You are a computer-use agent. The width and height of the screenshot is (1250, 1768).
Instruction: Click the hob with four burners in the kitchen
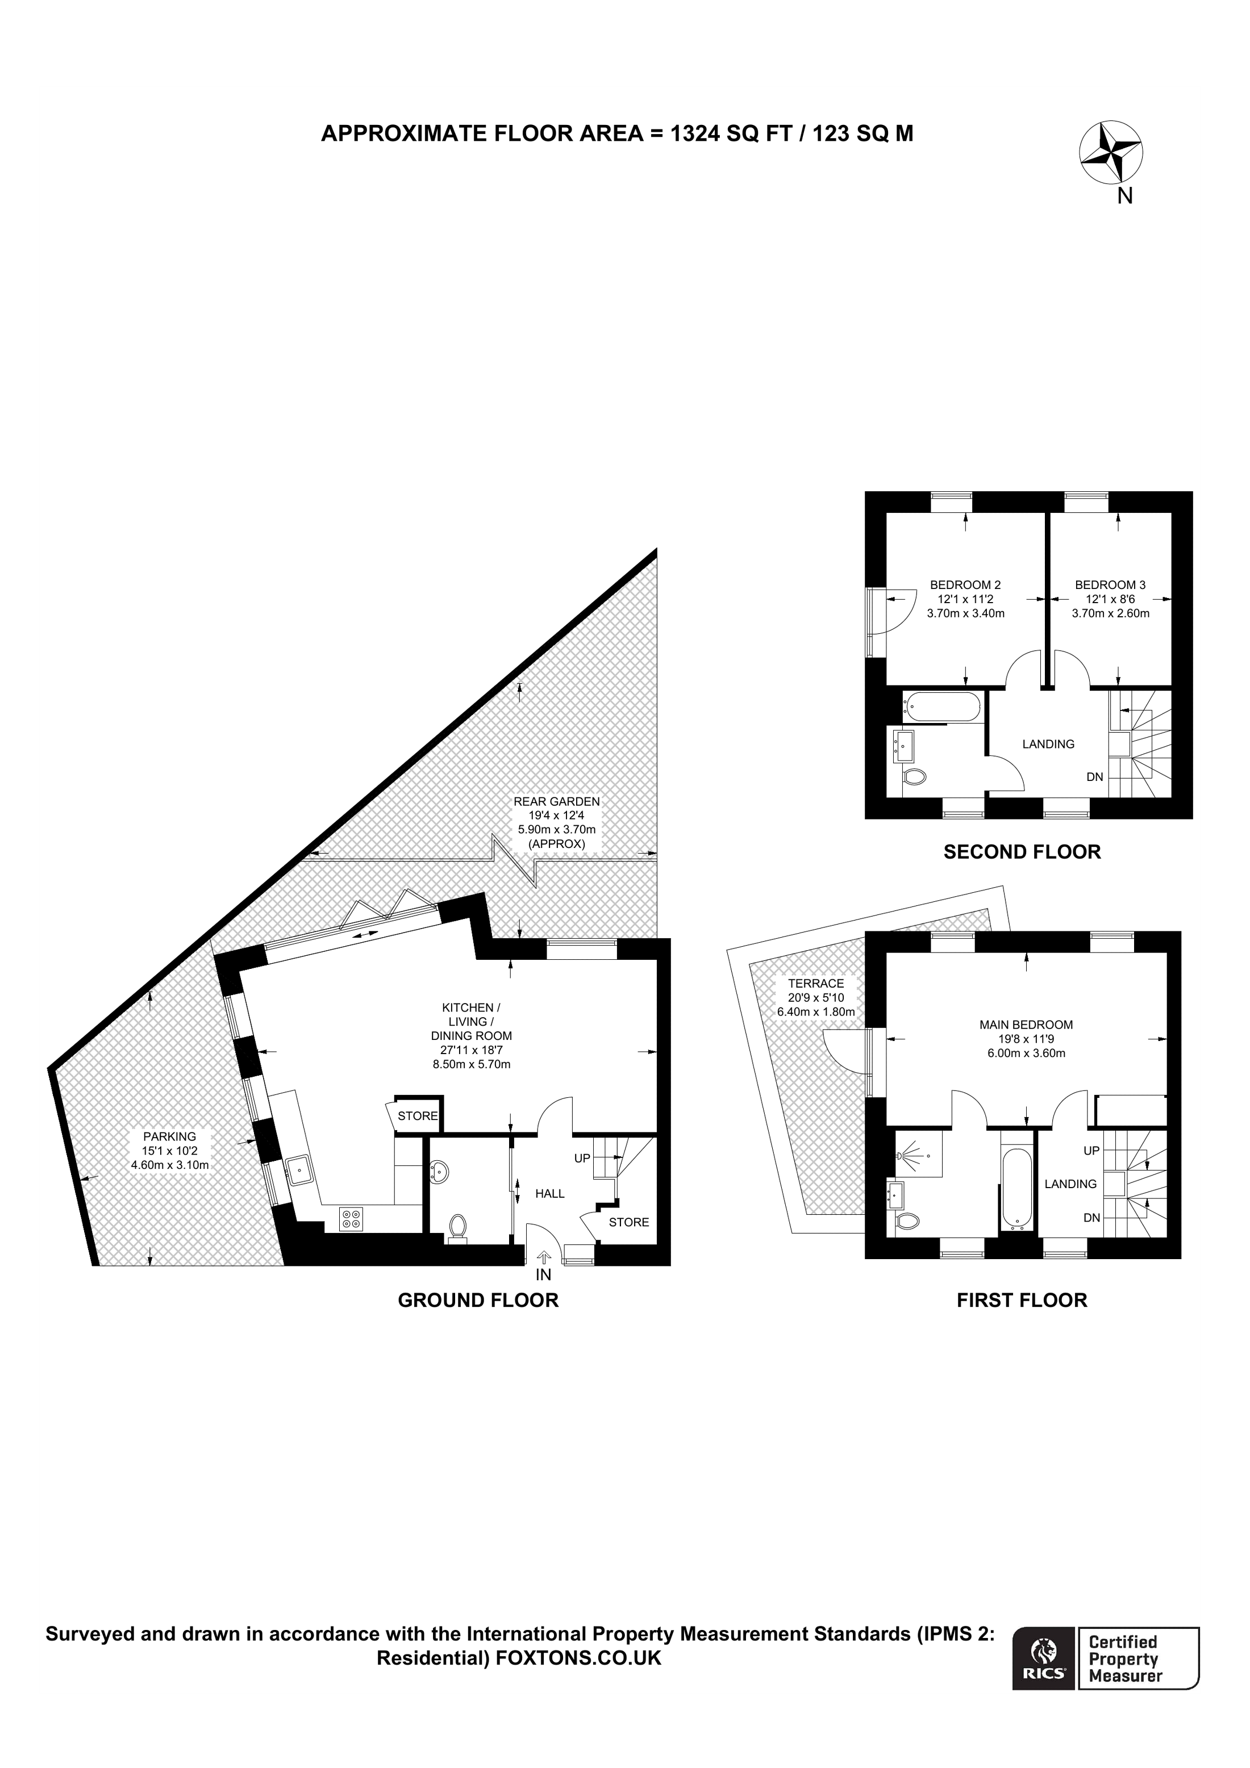click(352, 1218)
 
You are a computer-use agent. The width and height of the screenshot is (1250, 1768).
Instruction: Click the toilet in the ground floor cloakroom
click(457, 1227)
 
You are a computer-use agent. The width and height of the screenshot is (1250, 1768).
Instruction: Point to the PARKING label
click(169, 1136)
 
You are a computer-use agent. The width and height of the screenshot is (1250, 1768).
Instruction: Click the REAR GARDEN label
click(556, 801)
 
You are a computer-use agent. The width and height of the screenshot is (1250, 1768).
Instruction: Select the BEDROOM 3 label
click(1110, 584)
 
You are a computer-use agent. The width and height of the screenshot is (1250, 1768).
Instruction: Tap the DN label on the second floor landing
click(1094, 777)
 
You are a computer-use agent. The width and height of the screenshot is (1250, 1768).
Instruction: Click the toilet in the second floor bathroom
click(915, 778)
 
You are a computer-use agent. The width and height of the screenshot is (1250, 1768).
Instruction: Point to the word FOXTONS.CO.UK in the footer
click(578, 1679)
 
